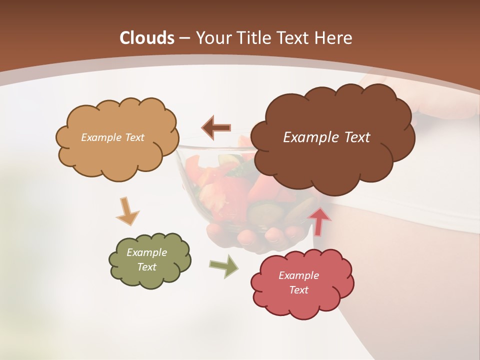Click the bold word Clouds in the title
point(147,38)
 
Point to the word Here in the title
point(334,38)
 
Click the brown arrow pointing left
point(216,127)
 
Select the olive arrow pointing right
point(224,266)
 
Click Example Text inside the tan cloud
point(112,137)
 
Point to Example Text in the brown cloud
point(326,137)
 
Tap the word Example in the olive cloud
point(146,252)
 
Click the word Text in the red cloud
point(298,290)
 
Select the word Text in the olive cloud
point(146,267)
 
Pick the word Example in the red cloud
point(298,275)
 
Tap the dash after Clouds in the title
point(184,38)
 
